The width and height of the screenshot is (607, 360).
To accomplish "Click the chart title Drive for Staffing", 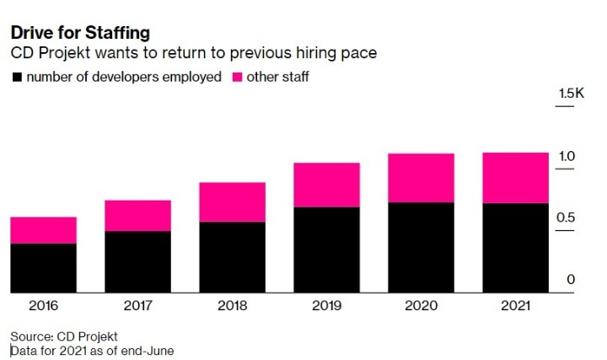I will pyautogui.click(x=80, y=33).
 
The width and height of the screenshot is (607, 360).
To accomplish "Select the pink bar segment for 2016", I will pyautogui.click(x=43, y=230).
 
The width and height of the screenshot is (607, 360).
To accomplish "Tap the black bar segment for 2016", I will pyautogui.click(x=43, y=268).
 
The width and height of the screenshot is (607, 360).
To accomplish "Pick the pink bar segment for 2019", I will pyautogui.click(x=326, y=185).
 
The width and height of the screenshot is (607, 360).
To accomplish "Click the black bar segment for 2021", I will pyautogui.click(x=515, y=248).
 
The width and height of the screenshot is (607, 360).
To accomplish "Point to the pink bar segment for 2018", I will pyautogui.click(x=232, y=202).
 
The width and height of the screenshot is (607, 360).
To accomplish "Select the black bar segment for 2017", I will pyautogui.click(x=137, y=261).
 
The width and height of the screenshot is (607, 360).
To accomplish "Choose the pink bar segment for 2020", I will pyautogui.click(x=421, y=178).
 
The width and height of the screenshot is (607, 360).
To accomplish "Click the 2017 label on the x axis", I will pyautogui.click(x=137, y=305).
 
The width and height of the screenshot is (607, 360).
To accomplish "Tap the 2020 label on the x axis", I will pyautogui.click(x=421, y=305).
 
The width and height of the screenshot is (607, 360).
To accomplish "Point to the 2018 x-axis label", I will pyautogui.click(x=232, y=305).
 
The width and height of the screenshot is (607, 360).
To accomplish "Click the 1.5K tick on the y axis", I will pyautogui.click(x=571, y=94).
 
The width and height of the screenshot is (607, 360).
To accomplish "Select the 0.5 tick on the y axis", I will pyautogui.click(x=566, y=218).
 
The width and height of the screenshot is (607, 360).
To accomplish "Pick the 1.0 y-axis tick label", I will pyautogui.click(x=566, y=157).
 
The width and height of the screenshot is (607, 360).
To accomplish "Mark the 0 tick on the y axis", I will pyautogui.click(x=571, y=280).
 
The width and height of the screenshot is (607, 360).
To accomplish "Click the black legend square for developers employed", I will pyautogui.click(x=16, y=78).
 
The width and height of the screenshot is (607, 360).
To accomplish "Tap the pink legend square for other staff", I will pyautogui.click(x=236, y=78).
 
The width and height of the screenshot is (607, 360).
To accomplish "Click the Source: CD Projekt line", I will pyautogui.click(x=64, y=336).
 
